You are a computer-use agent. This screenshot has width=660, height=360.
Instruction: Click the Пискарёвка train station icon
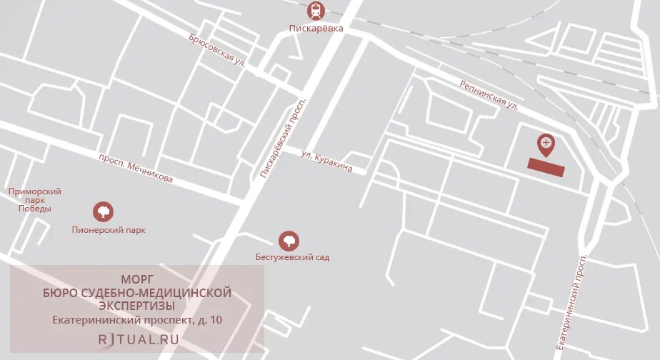[x=316, y=11]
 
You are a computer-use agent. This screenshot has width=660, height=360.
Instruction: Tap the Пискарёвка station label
[x=316, y=29]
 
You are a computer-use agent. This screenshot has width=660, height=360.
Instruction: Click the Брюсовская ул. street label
[x=217, y=49]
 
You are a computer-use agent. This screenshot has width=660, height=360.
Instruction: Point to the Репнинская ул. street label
[x=489, y=94]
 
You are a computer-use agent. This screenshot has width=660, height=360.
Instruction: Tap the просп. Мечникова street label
[x=136, y=169]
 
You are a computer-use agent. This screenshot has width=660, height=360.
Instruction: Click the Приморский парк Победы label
[x=34, y=200]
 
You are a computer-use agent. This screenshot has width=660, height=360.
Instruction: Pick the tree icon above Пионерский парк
[x=103, y=211]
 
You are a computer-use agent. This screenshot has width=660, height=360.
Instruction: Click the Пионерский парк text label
[x=109, y=231]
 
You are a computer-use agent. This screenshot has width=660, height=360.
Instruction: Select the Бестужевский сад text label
[x=292, y=256]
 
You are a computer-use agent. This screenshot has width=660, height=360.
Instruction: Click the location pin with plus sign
[x=546, y=144]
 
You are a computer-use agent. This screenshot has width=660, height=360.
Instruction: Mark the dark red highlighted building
[x=546, y=168]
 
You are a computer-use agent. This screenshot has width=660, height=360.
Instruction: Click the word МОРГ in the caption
[x=137, y=279]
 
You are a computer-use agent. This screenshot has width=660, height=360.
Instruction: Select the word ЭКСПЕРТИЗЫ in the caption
[x=137, y=306]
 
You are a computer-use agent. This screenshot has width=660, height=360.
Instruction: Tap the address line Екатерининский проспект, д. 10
[x=137, y=320]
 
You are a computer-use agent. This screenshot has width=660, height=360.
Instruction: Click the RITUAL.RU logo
[x=138, y=339]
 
